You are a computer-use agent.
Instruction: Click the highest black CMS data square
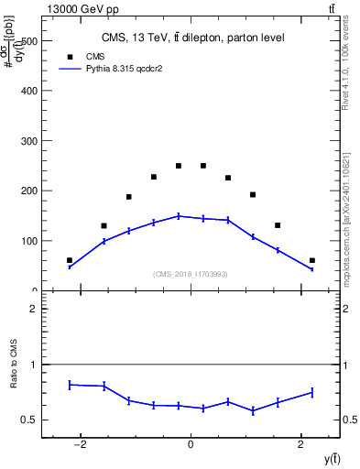(179, 166)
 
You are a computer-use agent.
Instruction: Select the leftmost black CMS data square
(70, 260)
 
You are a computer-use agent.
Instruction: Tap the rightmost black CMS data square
(311, 260)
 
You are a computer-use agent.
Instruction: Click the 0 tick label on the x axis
(191, 445)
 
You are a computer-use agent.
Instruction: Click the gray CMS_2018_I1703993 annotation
(190, 274)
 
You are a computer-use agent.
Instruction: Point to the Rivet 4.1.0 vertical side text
(345, 69)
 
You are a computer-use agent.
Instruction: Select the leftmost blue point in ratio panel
(70, 385)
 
